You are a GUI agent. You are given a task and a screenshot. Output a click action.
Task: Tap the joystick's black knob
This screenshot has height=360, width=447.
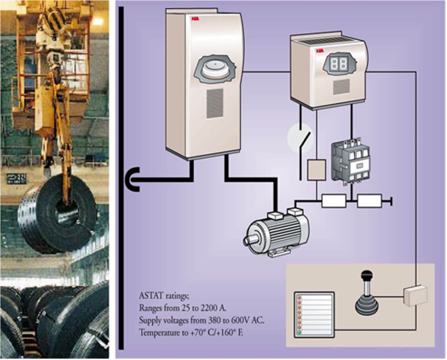366,276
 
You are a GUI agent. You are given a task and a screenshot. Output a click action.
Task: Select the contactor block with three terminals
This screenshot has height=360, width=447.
350,161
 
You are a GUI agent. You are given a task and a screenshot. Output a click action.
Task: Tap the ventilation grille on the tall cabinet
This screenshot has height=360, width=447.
214,103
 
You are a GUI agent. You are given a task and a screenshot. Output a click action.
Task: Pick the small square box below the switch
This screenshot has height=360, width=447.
316,170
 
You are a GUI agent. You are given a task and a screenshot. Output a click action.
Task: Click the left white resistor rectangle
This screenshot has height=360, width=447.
334,200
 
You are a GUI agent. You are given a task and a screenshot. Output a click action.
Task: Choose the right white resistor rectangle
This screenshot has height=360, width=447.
370,200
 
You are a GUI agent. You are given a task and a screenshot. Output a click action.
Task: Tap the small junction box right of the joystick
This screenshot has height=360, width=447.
415,295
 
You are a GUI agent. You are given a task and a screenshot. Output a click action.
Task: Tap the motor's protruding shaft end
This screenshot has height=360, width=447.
249,240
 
